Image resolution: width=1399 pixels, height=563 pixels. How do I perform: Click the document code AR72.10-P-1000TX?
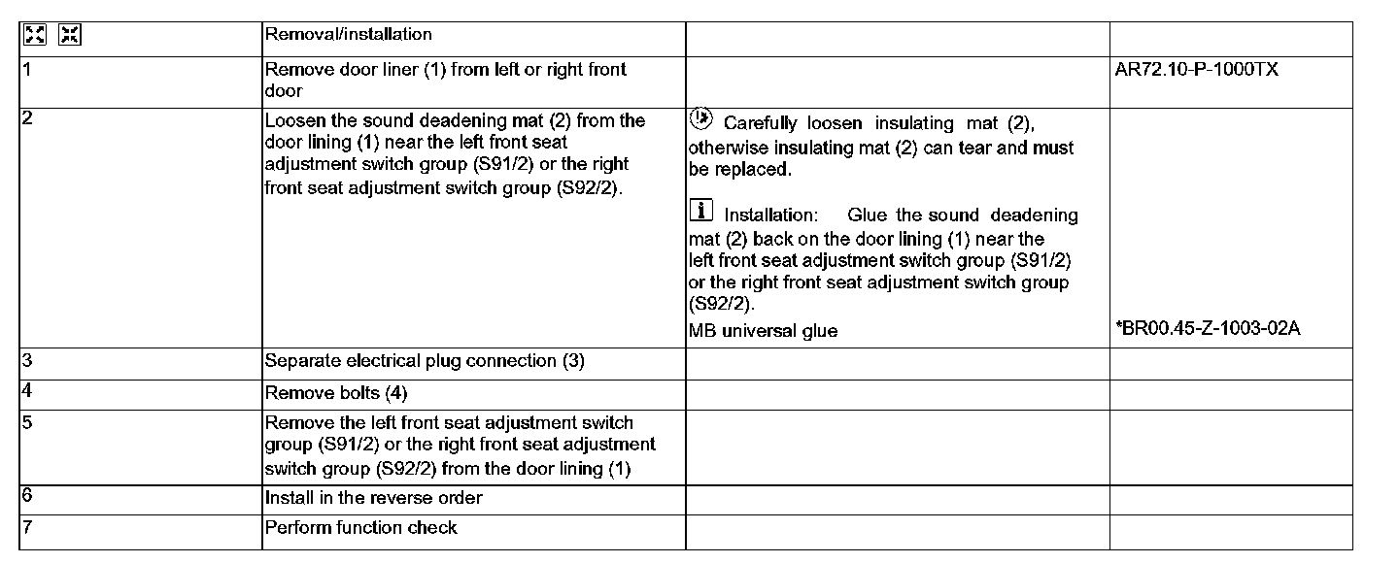coord(1197,70)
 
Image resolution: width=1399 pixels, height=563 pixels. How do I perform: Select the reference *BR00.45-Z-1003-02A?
coord(1209,328)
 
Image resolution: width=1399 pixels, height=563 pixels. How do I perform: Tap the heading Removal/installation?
coord(348,34)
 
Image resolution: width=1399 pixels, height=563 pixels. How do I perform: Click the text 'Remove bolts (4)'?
coord(336,393)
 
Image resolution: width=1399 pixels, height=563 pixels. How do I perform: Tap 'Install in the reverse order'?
coord(373,498)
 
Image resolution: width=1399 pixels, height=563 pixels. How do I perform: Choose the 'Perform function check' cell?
coord(360,527)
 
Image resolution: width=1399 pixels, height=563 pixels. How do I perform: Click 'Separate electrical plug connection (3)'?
coord(425,361)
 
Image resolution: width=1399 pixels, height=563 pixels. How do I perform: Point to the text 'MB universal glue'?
coord(763,331)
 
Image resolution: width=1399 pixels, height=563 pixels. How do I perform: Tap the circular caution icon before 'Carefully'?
coord(699,119)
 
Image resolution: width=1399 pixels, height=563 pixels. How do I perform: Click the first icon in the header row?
coord(35,36)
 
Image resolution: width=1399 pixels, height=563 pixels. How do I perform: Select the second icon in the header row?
coord(70,36)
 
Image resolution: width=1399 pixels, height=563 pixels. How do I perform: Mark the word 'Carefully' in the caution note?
coord(761,123)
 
